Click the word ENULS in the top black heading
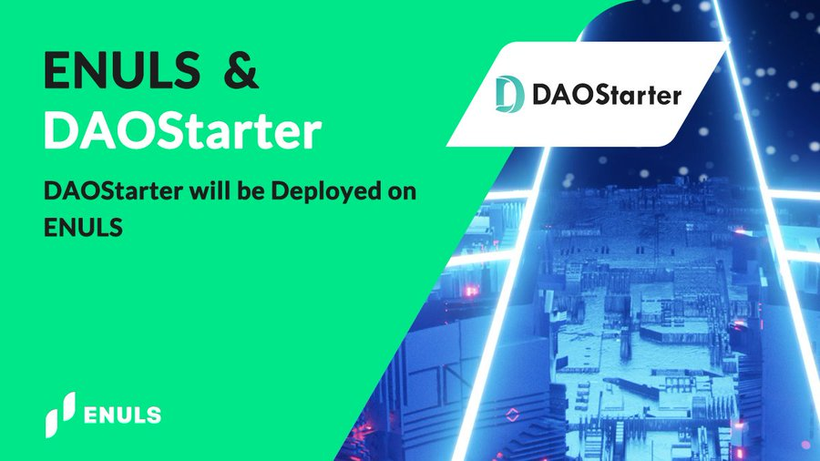(122, 69)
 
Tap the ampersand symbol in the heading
(241, 69)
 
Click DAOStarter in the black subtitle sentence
(113, 191)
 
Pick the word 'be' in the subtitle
(250, 190)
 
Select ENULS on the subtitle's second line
(83, 228)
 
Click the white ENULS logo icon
(59, 415)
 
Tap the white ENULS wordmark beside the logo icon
(122, 415)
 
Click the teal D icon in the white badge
(508, 94)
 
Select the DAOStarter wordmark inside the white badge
(607, 95)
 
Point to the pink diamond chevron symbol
(512, 415)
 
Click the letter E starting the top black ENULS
(57, 69)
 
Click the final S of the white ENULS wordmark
(153, 415)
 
